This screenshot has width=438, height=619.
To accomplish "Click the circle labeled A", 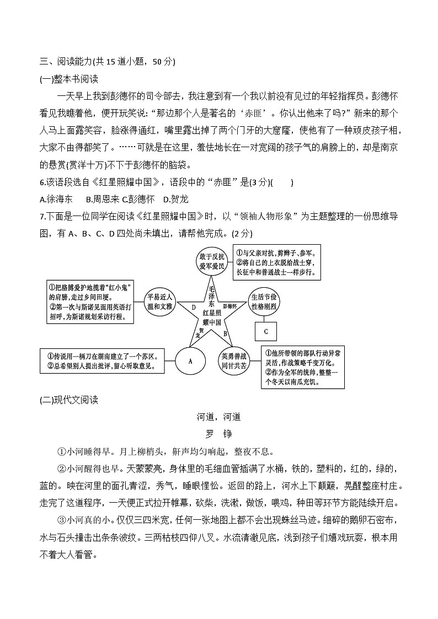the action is [190, 361].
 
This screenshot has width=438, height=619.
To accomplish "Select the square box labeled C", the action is [266, 331].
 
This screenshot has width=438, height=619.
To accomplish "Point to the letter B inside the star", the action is [225, 333].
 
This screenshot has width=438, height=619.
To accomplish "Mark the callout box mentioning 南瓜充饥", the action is [303, 367].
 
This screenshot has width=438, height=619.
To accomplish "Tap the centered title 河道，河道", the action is [218, 417].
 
